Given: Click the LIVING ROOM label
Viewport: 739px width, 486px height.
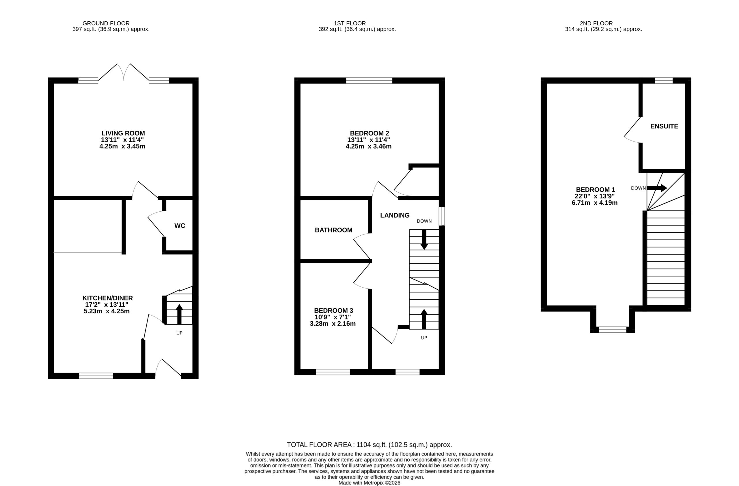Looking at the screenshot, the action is click(x=123, y=133).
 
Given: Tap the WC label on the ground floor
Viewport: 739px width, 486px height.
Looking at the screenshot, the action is click(x=180, y=226).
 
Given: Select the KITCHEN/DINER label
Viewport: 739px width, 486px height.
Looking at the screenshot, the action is click(x=107, y=298).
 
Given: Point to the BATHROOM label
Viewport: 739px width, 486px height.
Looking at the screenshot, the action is click(x=333, y=230).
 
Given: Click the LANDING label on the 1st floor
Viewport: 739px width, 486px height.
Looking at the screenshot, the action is click(x=395, y=215).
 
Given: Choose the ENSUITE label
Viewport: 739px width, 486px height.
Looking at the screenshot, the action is click(x=664, y=126).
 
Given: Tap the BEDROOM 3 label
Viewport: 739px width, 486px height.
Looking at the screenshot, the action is click(x=333, y=310).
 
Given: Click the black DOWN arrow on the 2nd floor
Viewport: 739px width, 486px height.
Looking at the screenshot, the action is click(x=657, y=188).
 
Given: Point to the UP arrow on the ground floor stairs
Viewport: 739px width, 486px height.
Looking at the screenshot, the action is click(x=179, y=314).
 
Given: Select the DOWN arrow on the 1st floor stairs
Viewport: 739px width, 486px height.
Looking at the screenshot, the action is click(x=424, y=239).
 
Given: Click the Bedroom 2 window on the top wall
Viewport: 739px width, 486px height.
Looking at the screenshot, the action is click(x=369, y=81).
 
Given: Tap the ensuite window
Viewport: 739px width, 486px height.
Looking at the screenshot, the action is click(x=664, y=81).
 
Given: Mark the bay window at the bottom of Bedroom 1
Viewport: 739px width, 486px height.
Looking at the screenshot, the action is click(x=613, y=329).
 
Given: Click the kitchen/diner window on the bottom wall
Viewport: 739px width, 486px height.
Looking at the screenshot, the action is click(x=96, y=376).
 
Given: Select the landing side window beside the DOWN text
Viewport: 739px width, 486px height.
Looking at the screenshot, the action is click(x=442, y=216).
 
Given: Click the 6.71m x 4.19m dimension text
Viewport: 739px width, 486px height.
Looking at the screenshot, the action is click(x=594, y=203).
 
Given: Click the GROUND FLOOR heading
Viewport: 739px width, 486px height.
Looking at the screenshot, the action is click(x=106, y=23).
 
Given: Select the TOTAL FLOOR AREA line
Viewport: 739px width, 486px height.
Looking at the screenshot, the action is click(x=369, y=445).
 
